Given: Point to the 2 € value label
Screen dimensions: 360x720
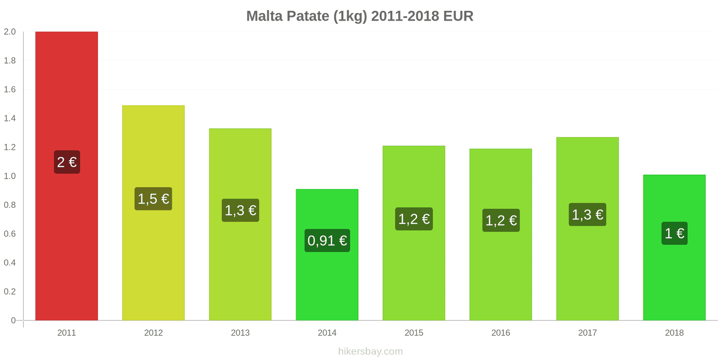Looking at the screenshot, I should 67,162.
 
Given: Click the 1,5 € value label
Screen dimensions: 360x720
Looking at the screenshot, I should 153,199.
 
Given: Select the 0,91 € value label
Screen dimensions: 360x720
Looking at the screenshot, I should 327,241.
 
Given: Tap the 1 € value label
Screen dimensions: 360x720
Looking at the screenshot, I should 674,233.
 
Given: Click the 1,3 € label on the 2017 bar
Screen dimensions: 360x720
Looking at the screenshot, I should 587,215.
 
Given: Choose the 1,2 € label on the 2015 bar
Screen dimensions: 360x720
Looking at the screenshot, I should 414,219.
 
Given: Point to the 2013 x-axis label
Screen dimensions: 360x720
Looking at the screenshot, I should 240,333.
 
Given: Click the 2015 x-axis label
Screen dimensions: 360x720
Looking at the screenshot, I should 414,333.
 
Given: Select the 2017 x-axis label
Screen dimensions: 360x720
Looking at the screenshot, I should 587,333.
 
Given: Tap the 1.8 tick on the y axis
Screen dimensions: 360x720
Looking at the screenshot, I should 10,61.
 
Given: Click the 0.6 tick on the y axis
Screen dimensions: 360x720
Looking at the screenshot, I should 10,234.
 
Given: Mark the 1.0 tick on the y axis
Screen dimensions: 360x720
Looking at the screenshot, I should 10,176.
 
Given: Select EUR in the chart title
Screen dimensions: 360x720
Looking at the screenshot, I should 458,16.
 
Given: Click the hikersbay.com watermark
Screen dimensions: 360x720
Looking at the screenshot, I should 370,351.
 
